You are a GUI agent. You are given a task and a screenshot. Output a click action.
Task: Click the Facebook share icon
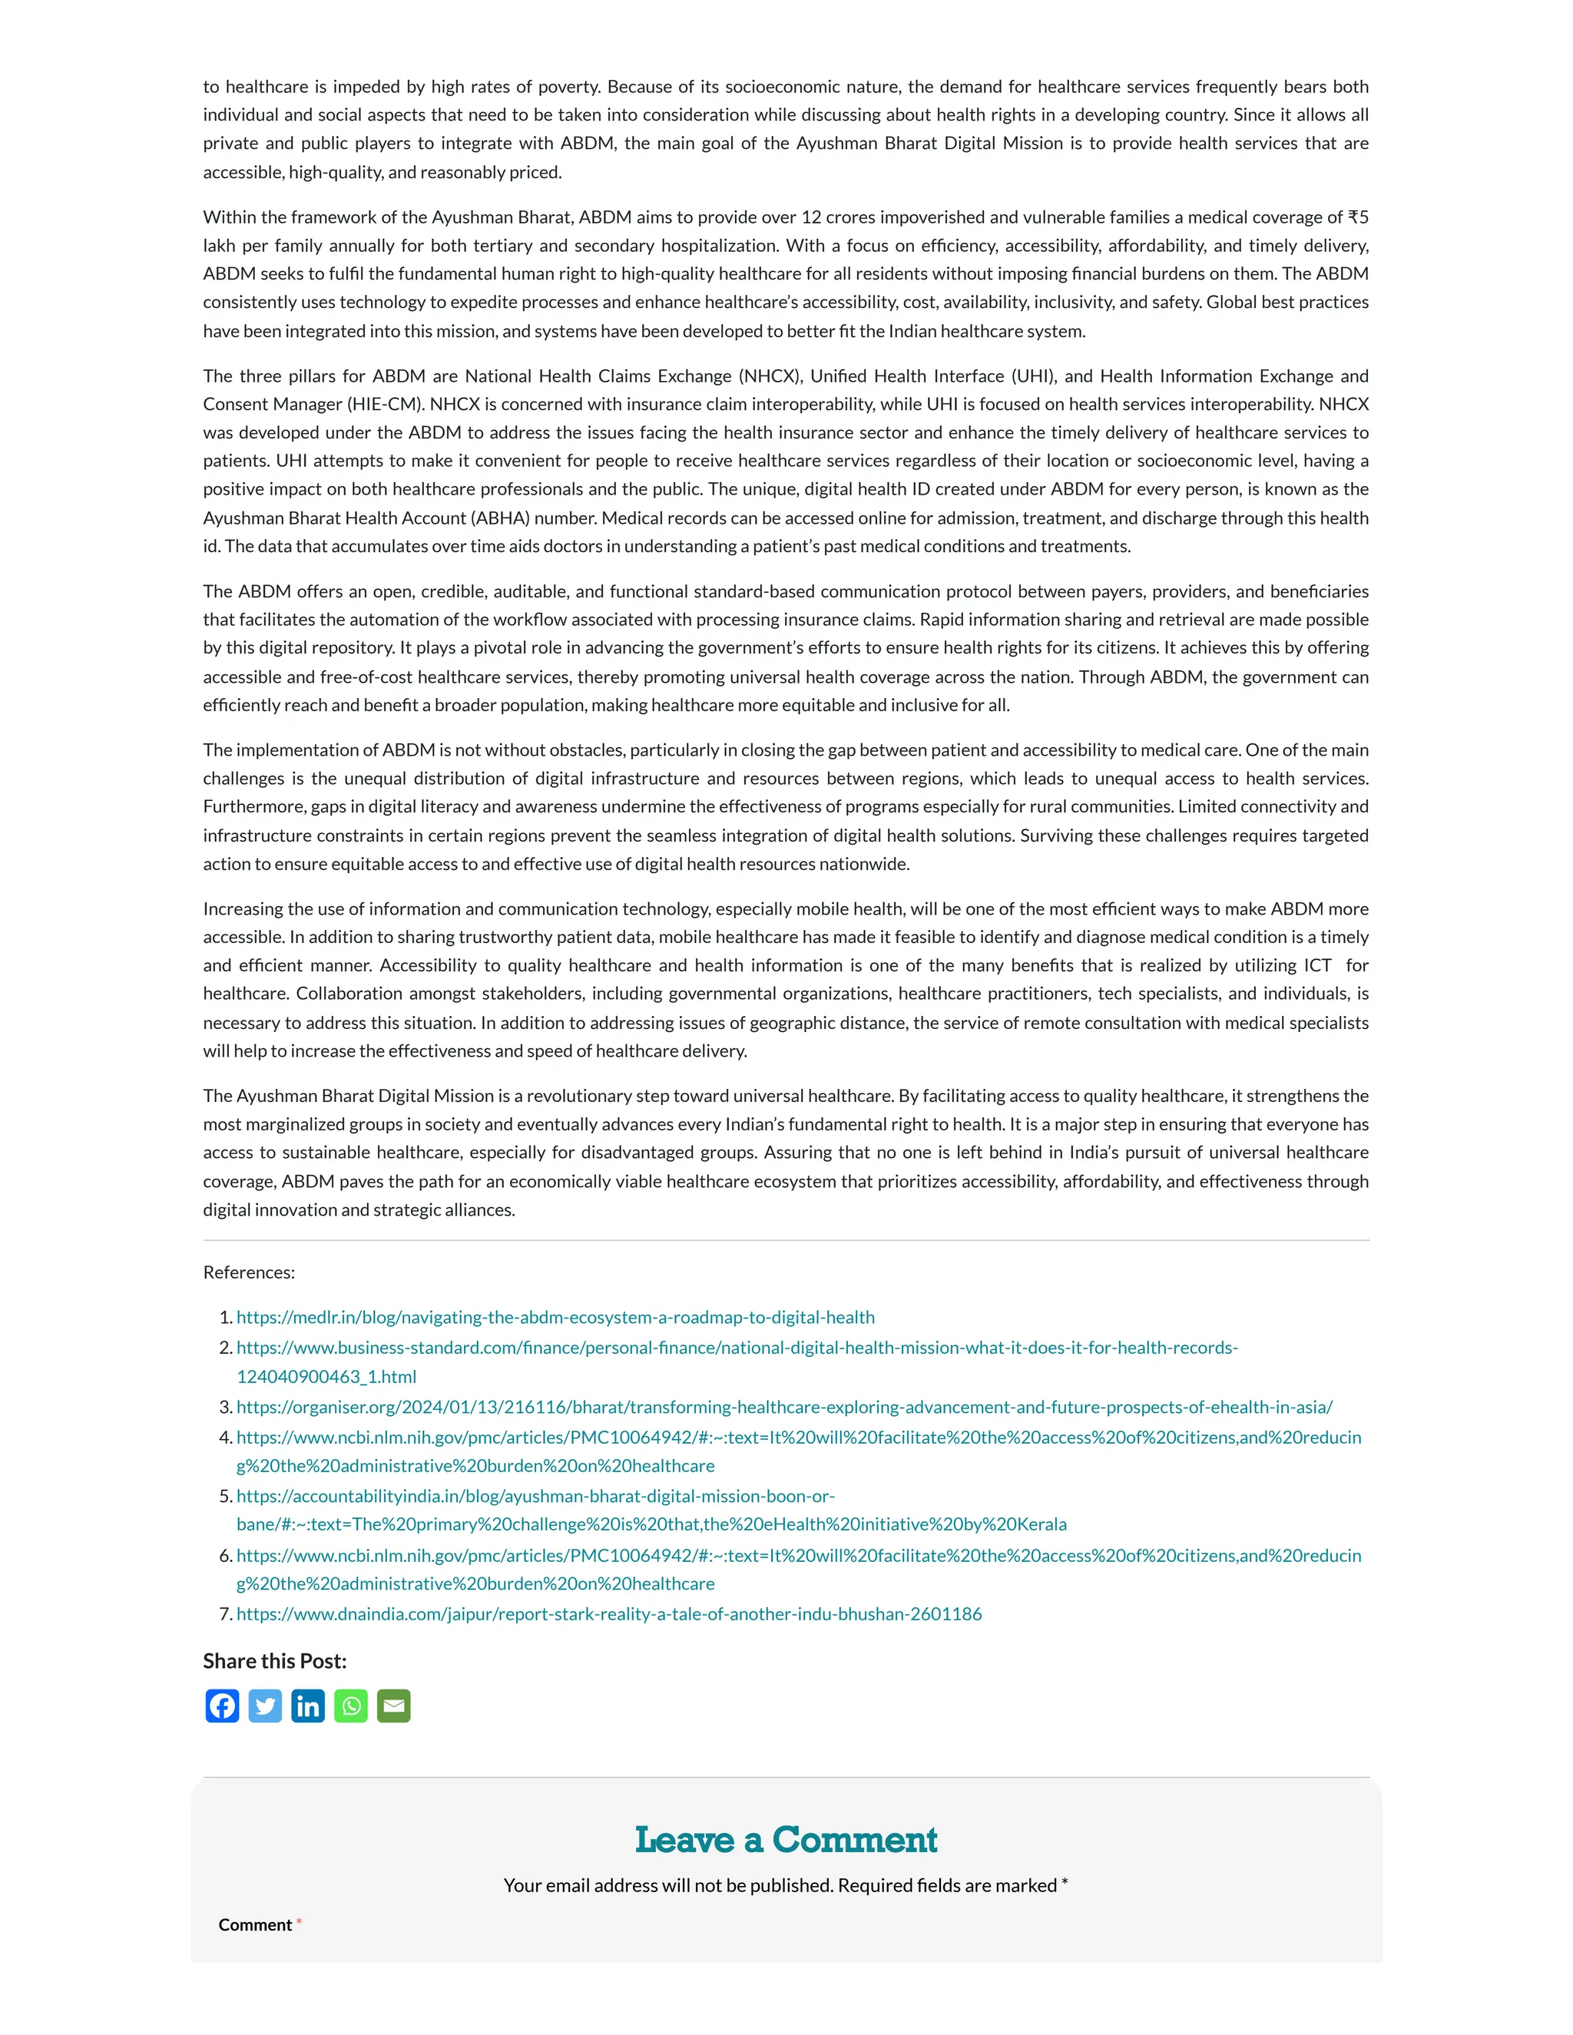(x=222, y=1706)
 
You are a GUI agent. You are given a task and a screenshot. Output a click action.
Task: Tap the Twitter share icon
(x=265, y=1706)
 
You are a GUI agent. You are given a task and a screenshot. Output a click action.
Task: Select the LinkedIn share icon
(x=307, y=1706)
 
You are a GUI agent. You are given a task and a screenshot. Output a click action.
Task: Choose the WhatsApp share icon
(x=350, y=1706)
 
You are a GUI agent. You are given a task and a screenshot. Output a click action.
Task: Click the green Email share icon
(x=393, y=1706)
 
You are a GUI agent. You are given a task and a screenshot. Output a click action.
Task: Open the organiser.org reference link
(x=783, y=1407)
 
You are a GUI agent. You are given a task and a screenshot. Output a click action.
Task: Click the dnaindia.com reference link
(x=608, y=1614)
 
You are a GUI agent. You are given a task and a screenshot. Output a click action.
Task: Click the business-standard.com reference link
(x=736, y=1348)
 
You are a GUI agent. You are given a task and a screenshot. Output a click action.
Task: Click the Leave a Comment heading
(x=786, y=1840)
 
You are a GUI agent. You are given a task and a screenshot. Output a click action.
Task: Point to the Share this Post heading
(x=275, y=1661)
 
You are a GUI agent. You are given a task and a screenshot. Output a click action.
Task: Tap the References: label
(x=249, y=1272)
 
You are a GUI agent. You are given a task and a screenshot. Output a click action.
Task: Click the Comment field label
(x=255, y=1925)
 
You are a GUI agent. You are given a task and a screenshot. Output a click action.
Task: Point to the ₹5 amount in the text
(x=1358, y=217)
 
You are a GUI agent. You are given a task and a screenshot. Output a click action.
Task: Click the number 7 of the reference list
(x=224, y=1614)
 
